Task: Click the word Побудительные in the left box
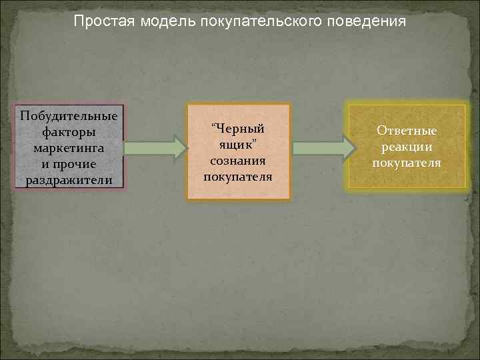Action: coord(69,116)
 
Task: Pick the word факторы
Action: coord(69,132)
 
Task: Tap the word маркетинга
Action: coord(69,148)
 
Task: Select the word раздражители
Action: coord(69,180)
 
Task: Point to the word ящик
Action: coord(237,145)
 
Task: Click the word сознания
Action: coord(238,161)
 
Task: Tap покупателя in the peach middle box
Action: coord(238,177)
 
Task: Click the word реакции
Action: coord(407,147)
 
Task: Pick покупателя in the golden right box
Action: coord(407,163)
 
